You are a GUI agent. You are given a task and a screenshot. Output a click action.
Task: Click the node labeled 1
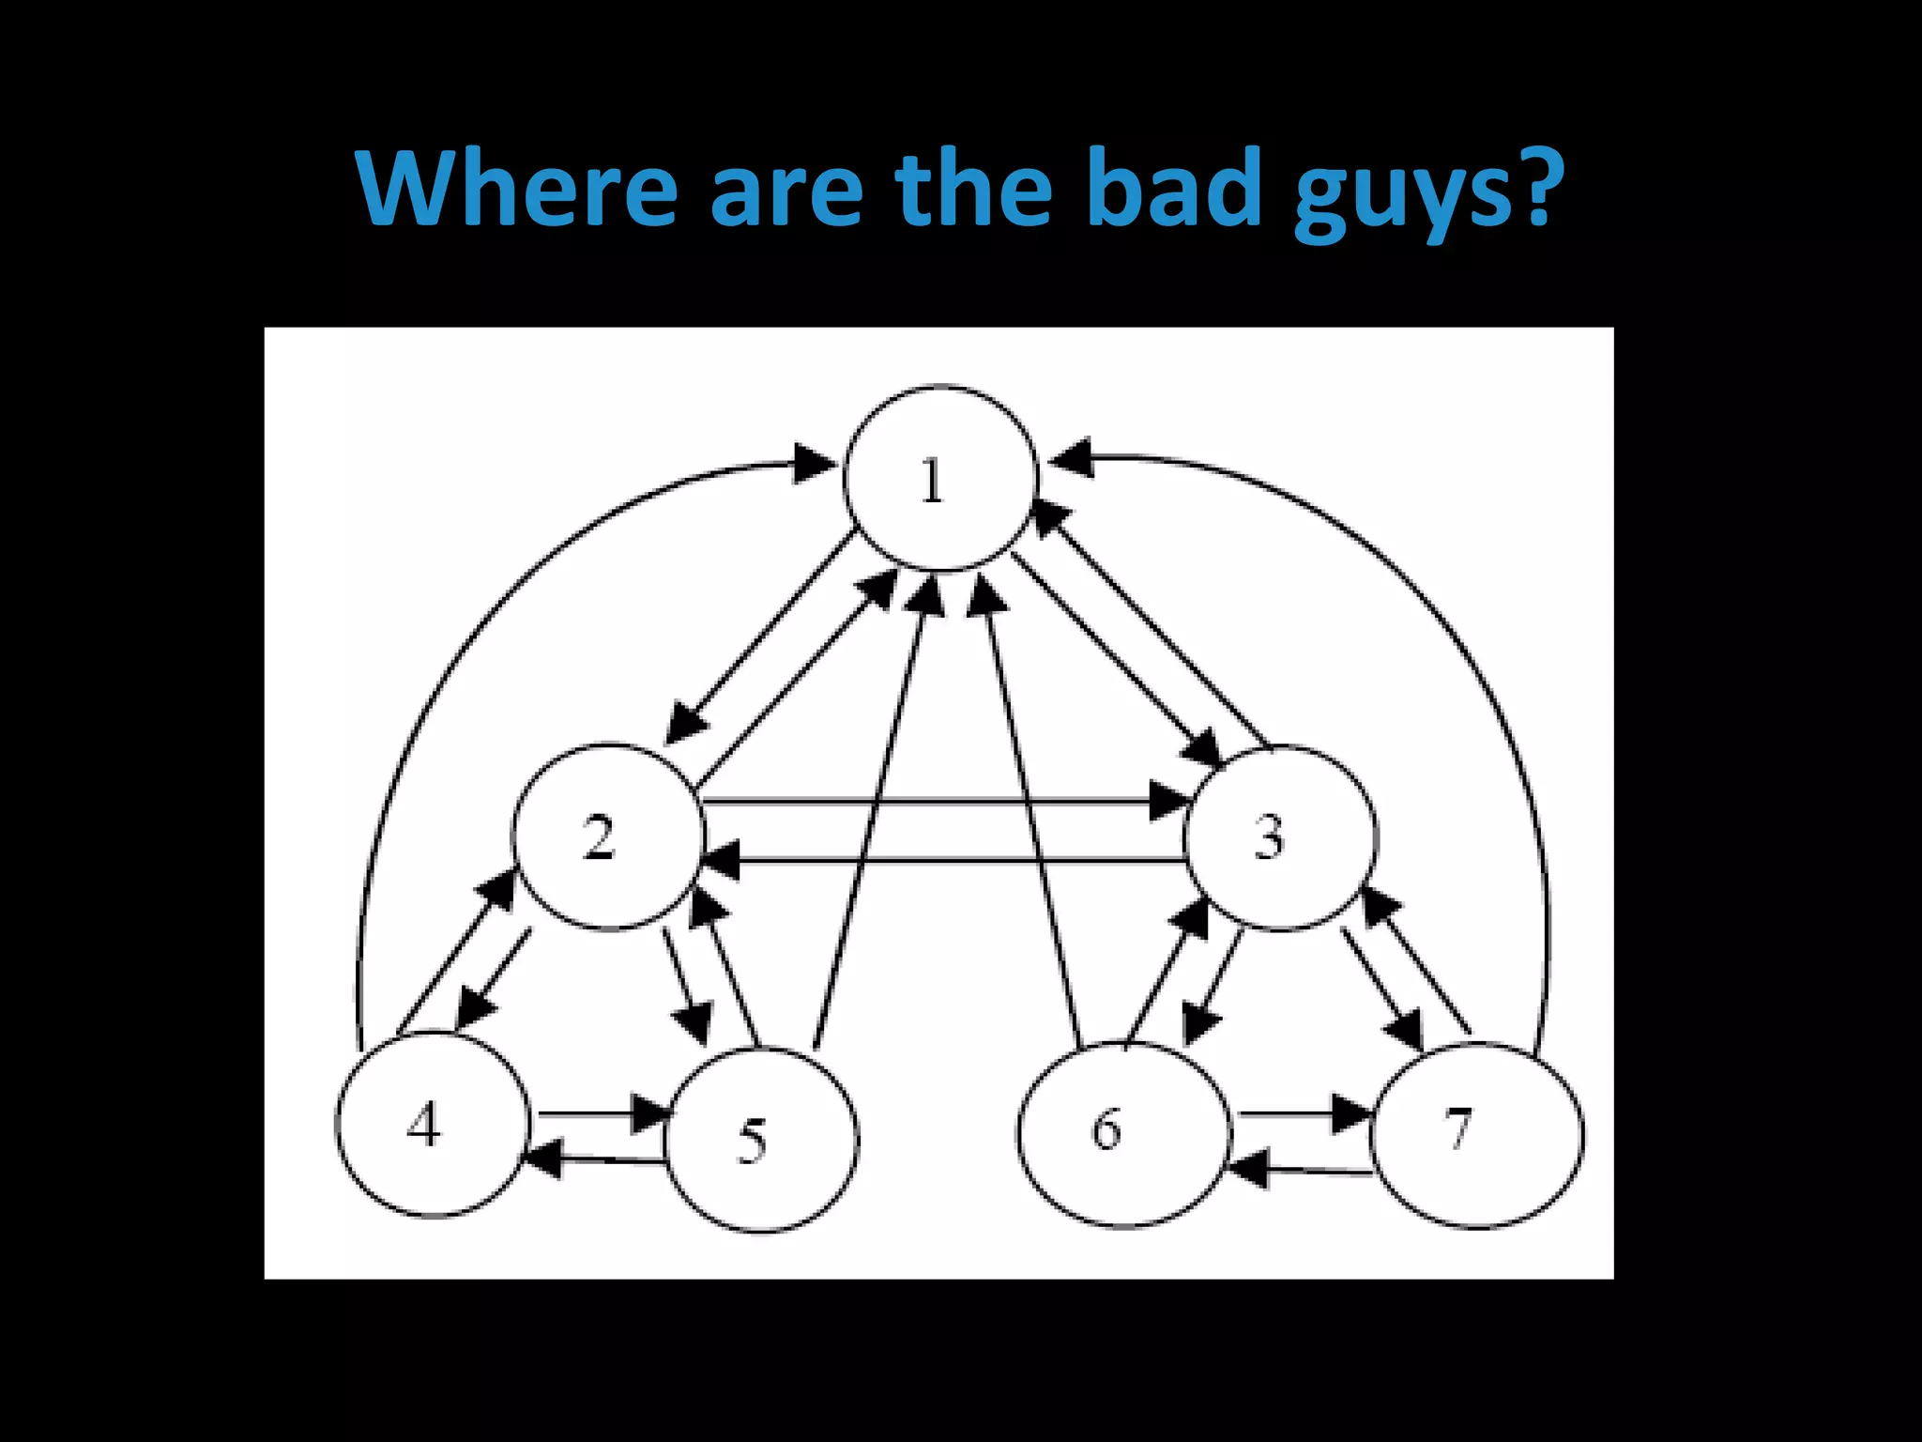click(x=940, y=478)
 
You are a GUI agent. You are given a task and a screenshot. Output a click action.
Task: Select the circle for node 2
click(x=608, y=836)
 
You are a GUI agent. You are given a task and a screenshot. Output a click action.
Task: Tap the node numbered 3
click(x=1281, y=837)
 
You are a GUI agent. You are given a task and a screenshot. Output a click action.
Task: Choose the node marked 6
click(x=1123, y=1134)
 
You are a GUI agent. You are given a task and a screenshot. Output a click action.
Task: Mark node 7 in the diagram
click(x=1477, y=1135)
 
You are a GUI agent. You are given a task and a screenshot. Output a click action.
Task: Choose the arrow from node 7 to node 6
click(x=1304, y=1170)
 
